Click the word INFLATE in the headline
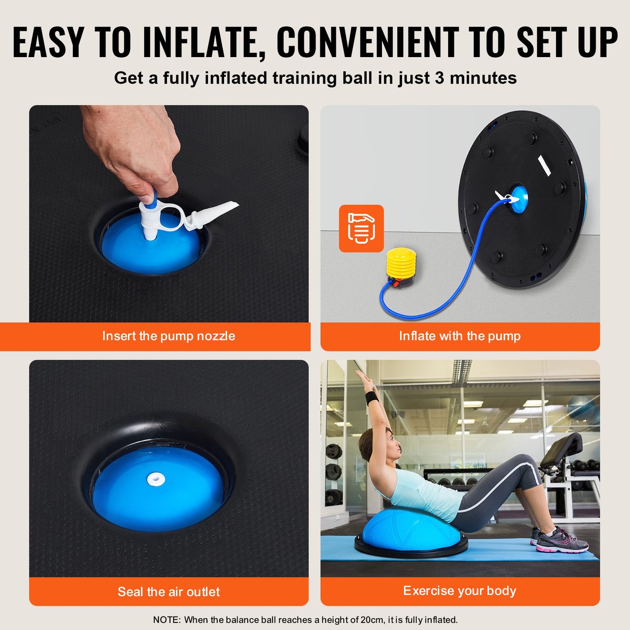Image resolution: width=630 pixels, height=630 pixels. [x=204, y=42]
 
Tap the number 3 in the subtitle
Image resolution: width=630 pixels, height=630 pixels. [x=439, y=78]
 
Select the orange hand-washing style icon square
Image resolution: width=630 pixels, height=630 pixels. [x=361, y=228]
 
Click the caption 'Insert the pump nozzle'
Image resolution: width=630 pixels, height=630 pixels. [x=169, y=336]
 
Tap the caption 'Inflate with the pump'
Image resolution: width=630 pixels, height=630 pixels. [x=460, y=336]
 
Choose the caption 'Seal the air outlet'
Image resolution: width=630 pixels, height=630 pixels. [x=169, y=592]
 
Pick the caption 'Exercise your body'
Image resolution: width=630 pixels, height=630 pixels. [x=460, y=591]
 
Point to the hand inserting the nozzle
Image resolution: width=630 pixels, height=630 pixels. [x=131, y=148]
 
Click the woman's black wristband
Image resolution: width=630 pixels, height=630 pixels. [x=371, y=398]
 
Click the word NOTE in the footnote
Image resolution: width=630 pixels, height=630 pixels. [x=166, y=620]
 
